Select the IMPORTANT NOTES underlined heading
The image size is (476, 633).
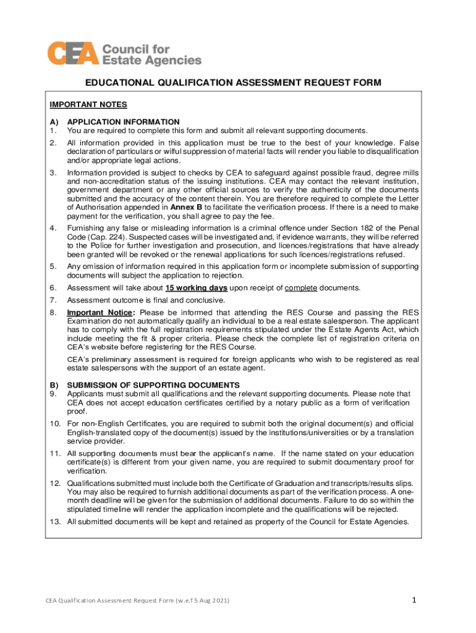(88, 105)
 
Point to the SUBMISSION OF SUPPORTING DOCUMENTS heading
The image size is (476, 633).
(145, 385)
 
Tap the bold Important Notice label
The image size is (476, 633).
(101, 312)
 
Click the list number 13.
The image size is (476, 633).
(54, 522)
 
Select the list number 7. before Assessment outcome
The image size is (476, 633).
(53, 300)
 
